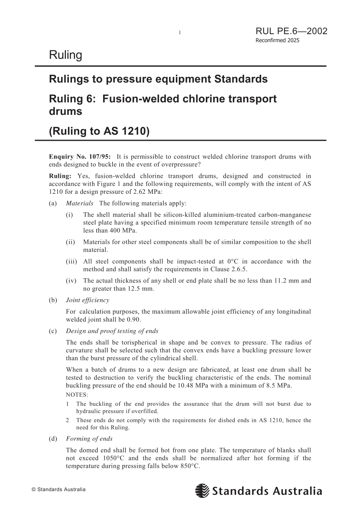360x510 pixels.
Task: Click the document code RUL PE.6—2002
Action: point(291,31)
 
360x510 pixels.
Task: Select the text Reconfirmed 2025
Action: point(277,41)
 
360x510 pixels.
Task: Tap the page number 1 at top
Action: point(180,33)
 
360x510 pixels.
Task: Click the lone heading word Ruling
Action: point(66,55)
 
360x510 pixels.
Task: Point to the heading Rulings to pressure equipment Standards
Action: point(158,79)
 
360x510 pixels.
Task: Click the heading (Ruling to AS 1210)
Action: point(100,131)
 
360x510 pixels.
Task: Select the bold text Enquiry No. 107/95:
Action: point(80,157)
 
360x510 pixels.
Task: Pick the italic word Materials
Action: point(80,204)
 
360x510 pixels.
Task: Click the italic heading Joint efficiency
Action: point(88,300)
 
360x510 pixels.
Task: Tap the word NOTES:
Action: point(77,395)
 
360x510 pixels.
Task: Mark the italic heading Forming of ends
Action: point(89,439)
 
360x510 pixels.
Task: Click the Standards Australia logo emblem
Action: point(202,491)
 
